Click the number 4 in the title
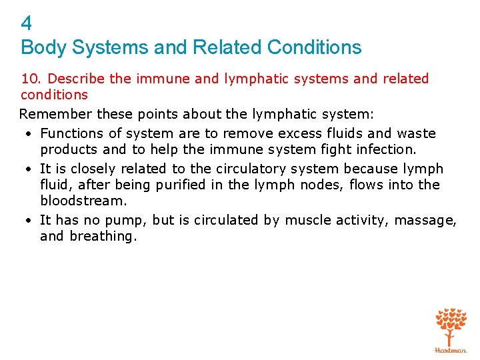[27, 24]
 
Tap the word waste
[415, 133]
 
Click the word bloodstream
[83, 201]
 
